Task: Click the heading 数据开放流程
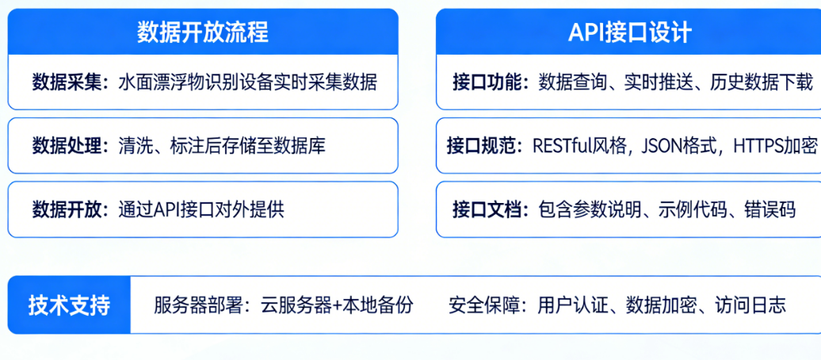[203, 32]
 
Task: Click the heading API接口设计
[631, 32]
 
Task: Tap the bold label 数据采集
[66, 82]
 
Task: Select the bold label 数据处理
[66, 146]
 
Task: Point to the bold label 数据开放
[66, 209]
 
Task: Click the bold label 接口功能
[486, 82]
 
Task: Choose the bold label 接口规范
[480, 146]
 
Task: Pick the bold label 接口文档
[486, 209]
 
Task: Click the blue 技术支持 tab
[69, 305]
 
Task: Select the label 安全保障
[483, 305]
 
